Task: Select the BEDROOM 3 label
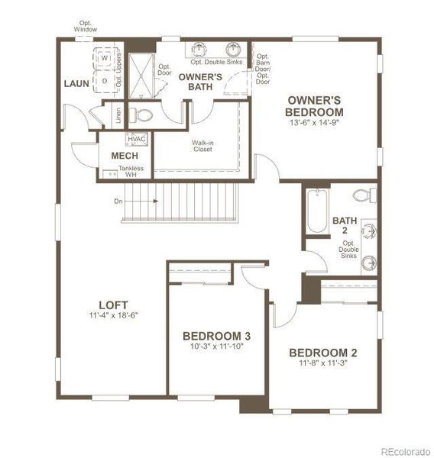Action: pyautogui.click(x=216, y=336)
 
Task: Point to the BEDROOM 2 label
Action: pyautogui.click(x=322, y=353)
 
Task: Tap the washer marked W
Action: pyautogui.click(x=105, y=58)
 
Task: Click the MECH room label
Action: pyautogui.click(x=124, y=156)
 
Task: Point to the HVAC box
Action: pyautogui.click(x=138, y=139)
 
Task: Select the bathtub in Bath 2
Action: pyautogui.click(x=316, y=211)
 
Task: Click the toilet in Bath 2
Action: pyautogui.click(x=367, y=195)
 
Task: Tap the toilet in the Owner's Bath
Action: pyautogui.click(x=141, y=115)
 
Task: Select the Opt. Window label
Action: pyautogui.click(x=86, y=26)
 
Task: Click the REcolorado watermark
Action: pyautogui.click(x=406, y=450)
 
